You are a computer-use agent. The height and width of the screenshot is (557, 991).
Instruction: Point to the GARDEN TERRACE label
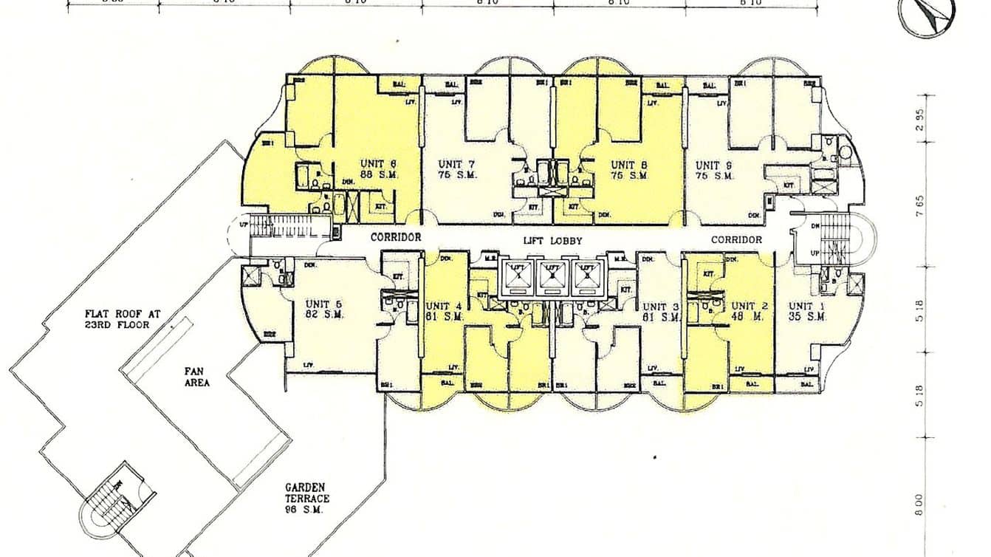pos(307,493)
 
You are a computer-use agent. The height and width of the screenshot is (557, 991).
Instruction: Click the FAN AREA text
pos(197,377)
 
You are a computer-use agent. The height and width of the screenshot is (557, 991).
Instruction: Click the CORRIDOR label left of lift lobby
pos(396,238)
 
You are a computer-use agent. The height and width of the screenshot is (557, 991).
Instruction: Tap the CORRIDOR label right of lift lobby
pos(736,240)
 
